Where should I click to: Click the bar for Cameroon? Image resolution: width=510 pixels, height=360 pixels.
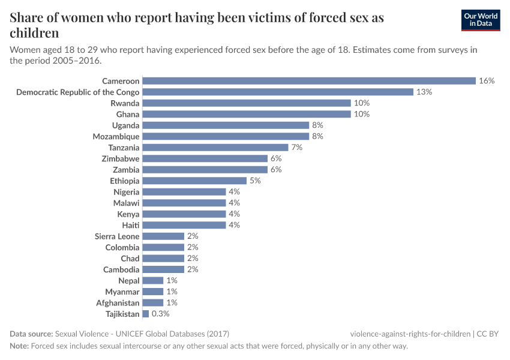click(x=309, y=81)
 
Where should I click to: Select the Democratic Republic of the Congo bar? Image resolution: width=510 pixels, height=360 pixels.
click(x=278, y=92)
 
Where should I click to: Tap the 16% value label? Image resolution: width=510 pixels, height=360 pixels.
click(x=486, y=81)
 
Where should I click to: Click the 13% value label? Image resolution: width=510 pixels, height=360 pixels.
click(x=424, y=92)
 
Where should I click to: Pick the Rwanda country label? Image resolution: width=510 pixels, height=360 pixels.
click(x=125, y=103)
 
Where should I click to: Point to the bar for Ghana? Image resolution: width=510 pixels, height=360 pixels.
click(x=247, y=114)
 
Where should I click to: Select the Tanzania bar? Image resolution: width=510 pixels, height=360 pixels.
click(x=215, y=148)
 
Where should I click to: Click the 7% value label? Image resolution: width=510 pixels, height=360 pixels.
click(x=296, y=148)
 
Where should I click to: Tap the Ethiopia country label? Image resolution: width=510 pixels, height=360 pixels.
click(x=125, y=181)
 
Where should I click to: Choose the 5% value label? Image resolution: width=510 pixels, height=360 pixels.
click(x=255, y=181)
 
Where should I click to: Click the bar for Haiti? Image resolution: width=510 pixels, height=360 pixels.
click(x=184, y=225)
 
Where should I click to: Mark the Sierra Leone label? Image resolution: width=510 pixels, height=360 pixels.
click(x=117, y=236)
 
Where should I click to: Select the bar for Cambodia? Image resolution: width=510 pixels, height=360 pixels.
click(x=163, y=269)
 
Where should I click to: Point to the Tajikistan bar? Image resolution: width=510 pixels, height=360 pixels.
click(x=146, y=314)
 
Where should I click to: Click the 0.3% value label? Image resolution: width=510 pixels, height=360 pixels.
click(x=161, y=314)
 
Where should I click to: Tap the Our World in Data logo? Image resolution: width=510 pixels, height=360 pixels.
click(x=480, y=20)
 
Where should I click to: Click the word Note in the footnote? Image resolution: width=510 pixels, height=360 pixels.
click(x=19, y=346)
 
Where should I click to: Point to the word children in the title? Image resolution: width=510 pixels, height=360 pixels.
click(x=34, y=33)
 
